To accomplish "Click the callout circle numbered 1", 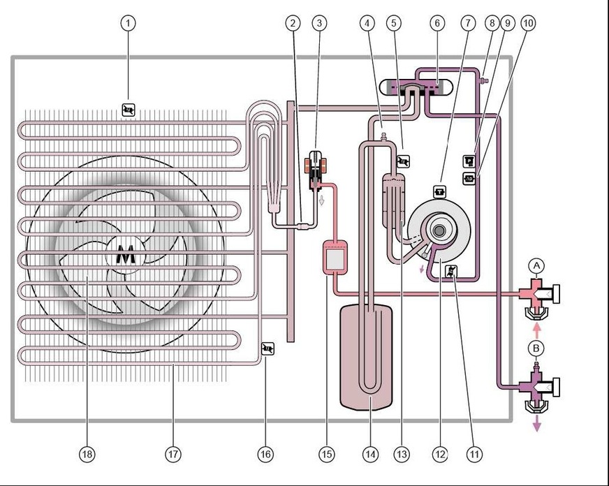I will click(128, 23).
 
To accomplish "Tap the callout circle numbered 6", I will click(437, 23).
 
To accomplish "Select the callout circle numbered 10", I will click(528, 23).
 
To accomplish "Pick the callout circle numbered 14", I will click(370, 454).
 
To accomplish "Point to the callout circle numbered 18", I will click(87, 454).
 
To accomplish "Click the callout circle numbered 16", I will click(265, 454).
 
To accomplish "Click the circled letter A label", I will click(536, 265).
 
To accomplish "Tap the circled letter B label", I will click(536, 347).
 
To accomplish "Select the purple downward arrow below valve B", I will click(536, 424).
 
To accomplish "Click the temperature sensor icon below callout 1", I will click(129, 110).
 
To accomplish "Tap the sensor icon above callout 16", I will click(266, 348).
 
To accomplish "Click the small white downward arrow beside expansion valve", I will click(322, 201).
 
